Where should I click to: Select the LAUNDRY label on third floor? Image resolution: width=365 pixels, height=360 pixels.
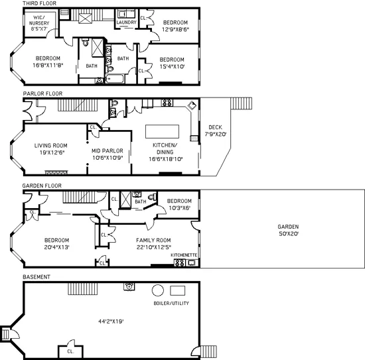(x=126, y=23)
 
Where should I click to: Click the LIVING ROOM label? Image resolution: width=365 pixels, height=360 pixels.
(x=51, y=150)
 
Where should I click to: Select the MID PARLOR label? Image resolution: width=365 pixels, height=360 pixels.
(x=108, y=154)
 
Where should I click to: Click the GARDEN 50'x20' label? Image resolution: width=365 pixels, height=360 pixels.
(x=288, y=230)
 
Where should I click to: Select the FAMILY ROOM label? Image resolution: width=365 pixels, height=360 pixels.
(x=153, y=244)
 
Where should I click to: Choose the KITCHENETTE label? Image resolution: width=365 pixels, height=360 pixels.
(x=184, y=255)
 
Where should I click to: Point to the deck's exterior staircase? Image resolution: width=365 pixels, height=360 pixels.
(x=241, y=103)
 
